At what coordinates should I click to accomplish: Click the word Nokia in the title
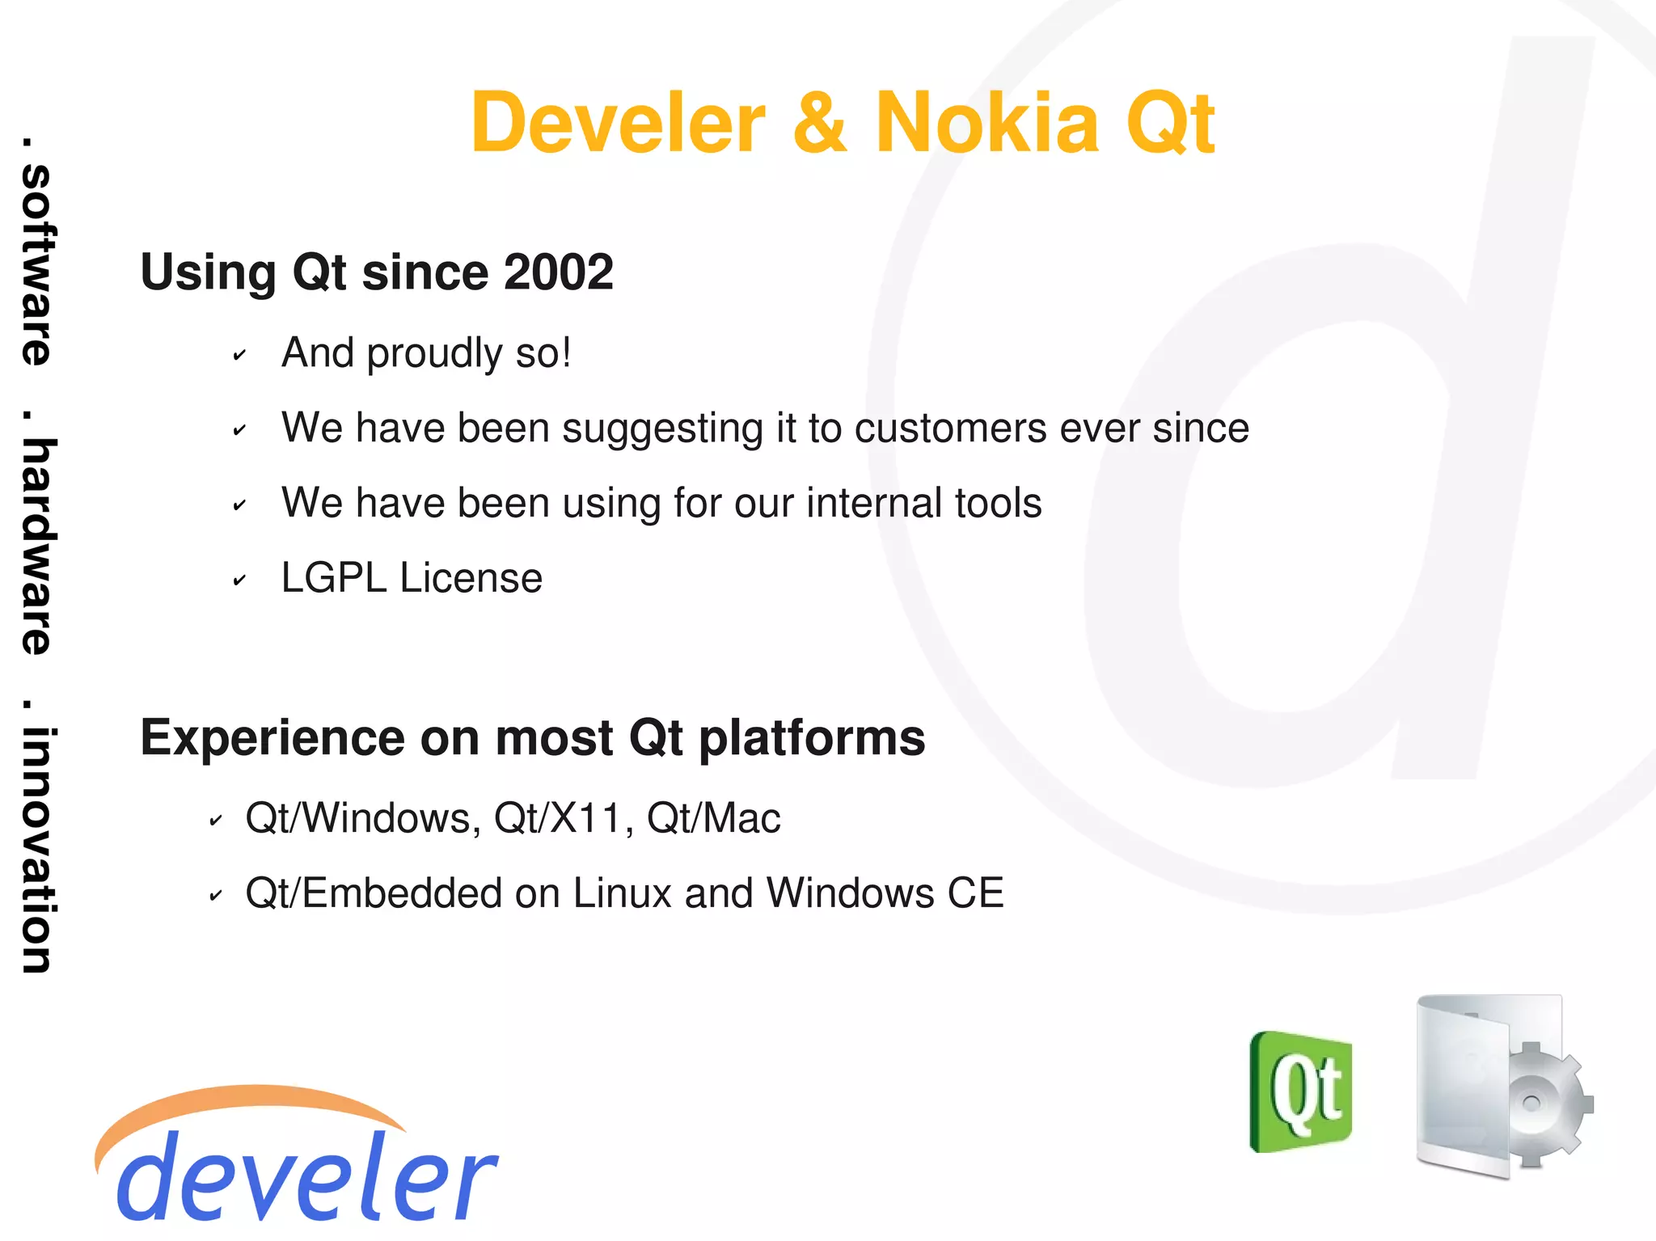(987, 123)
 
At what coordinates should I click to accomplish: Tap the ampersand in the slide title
(820, 123)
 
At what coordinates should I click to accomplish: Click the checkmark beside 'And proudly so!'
(239, 355)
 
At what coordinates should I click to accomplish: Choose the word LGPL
(334, 578)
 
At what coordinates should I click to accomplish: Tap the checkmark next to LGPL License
(239, 580)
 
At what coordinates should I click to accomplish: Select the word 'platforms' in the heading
(812, 738)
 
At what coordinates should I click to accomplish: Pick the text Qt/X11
(558, 818)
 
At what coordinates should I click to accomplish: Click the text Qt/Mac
(714, 818)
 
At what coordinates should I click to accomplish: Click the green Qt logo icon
(1301, 1091)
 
